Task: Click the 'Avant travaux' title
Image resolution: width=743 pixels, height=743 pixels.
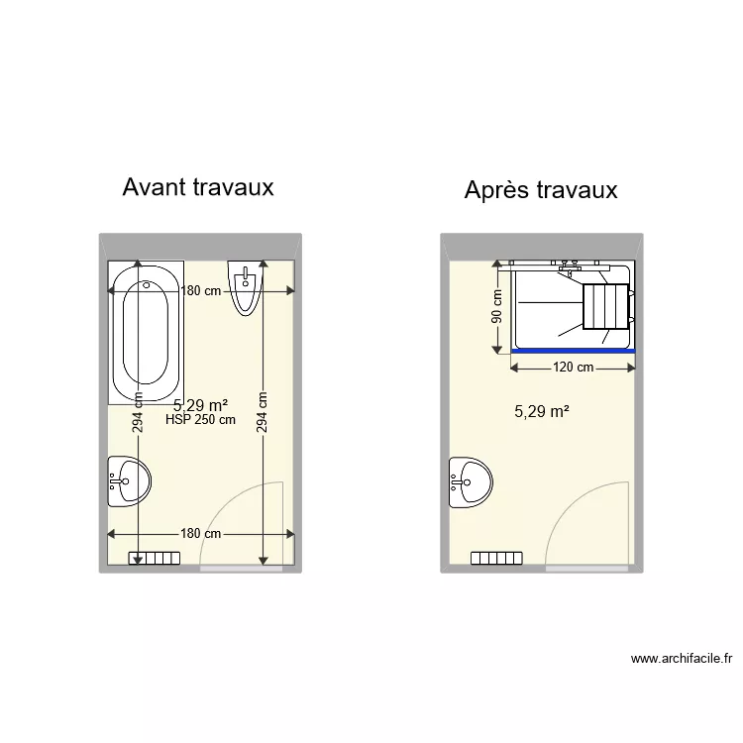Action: [198, 186]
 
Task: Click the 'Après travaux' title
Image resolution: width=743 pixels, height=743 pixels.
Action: [541, 189]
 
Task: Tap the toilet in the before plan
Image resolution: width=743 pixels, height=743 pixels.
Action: [247, 287]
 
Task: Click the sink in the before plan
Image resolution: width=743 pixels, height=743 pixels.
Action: [129, 482]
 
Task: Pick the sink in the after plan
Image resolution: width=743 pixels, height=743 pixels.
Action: [471, 482]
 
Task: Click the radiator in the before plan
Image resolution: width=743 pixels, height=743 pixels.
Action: [155, 559]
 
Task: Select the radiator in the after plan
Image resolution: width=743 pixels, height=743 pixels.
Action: [496, 559]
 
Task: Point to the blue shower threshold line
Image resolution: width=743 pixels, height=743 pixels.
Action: [573, 350]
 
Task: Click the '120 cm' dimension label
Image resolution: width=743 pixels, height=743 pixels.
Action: [573, 368]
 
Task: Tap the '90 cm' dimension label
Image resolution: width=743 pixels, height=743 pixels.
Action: [497, 306]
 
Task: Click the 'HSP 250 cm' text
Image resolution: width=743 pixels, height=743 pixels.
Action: [201, 420]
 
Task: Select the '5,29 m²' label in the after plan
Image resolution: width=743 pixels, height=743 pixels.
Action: [541, 411]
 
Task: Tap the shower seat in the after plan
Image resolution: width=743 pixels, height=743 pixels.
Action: [604, 305]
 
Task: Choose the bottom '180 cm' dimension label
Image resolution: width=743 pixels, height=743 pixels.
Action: [200, 533]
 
